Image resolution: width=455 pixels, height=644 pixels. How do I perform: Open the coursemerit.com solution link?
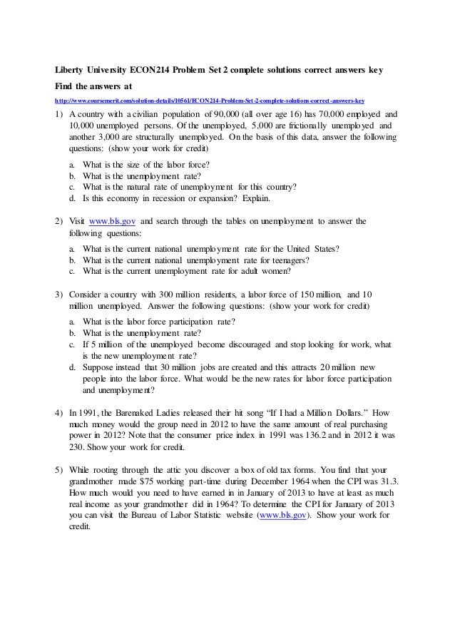point(210,100)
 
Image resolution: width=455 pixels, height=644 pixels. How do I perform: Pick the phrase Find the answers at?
point(93,86)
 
